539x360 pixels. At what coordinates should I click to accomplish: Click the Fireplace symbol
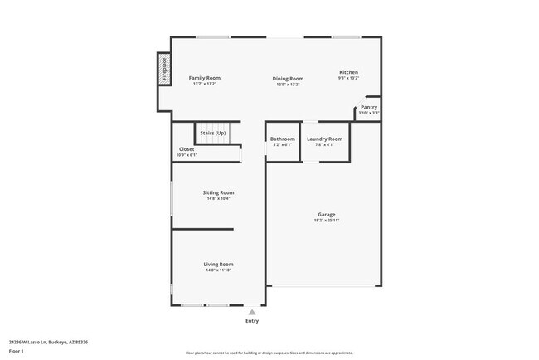[x=164, y=69]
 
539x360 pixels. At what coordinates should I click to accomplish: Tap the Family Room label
[x=204, y=78]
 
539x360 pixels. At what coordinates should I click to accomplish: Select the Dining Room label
[x=288, y=79]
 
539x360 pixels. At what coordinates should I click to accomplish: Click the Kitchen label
[x=348, y=72]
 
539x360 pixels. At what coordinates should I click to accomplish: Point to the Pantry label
[x=369, y=107]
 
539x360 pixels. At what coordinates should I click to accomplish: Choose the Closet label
[x=187, y=149]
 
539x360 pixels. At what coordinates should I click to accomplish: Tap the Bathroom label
[x=283, y=139]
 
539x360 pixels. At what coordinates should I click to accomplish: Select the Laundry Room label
[x=324, y=139]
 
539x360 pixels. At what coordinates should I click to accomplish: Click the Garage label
[x=326, y=214]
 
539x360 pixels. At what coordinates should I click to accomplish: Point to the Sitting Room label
[x=219, y=192]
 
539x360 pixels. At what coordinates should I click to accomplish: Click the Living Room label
[x=219, y=264]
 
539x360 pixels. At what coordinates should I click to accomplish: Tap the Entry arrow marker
[x=252, y=311]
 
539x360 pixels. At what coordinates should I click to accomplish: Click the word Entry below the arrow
[x=252, y=320]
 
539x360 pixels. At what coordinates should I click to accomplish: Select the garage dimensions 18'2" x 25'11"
[x=326, y=220]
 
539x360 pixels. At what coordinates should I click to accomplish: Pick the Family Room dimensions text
[x=204, y=84]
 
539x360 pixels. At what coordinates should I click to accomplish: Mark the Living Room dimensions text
[x=219, y=270]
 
